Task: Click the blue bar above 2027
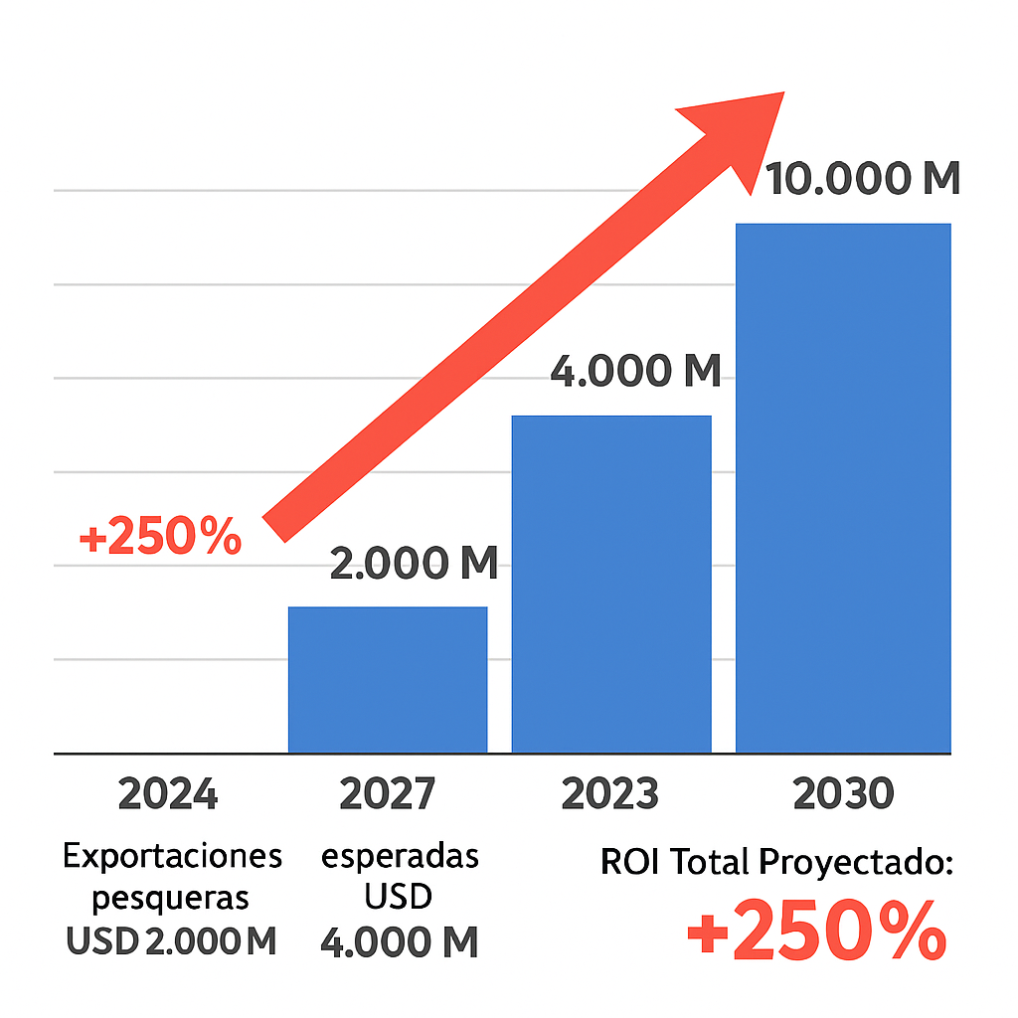click(x=388, y=680)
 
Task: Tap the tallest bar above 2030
click(x=843, y=488)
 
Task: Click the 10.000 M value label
click(x=863, y=180)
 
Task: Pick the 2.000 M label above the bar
click(x=414, y=564)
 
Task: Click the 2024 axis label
click(x=167, y=795)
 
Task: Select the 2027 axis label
click(x=388, y=795)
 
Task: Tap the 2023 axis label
click(x=609, y=795)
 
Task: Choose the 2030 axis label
click(x=844, y=795)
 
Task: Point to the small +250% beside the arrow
click(x=160, y=538)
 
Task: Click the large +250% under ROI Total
click(x=816, y=931)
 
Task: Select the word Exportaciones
click(x=173, y=855)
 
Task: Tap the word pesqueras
click(x=170, y=899)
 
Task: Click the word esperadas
click(x=400, y=855)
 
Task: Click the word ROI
click(x=631, y=863)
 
